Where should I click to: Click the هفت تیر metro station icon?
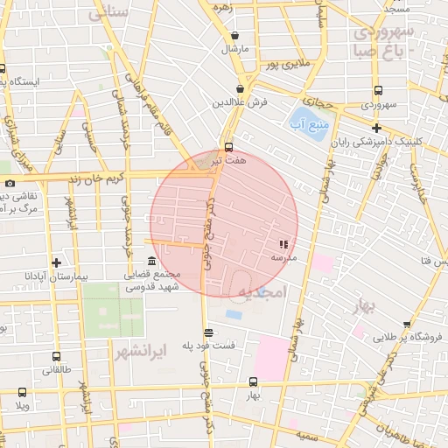point(228,147)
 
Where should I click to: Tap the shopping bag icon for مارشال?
point(234,36)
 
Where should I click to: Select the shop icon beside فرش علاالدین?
point(240,88)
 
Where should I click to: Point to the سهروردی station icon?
point(377,90)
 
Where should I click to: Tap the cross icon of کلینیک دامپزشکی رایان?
point(375,128)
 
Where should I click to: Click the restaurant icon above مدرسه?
point(283,245)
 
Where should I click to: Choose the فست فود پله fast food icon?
point(207,332)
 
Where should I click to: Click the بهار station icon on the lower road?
point(253,381)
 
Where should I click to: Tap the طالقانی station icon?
point(56,357)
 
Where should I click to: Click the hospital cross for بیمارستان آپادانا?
point(56,262)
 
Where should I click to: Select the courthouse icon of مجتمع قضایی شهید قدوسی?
point(151,262)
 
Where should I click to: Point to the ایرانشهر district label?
point(140,353)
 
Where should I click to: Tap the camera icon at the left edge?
point(10,183)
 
